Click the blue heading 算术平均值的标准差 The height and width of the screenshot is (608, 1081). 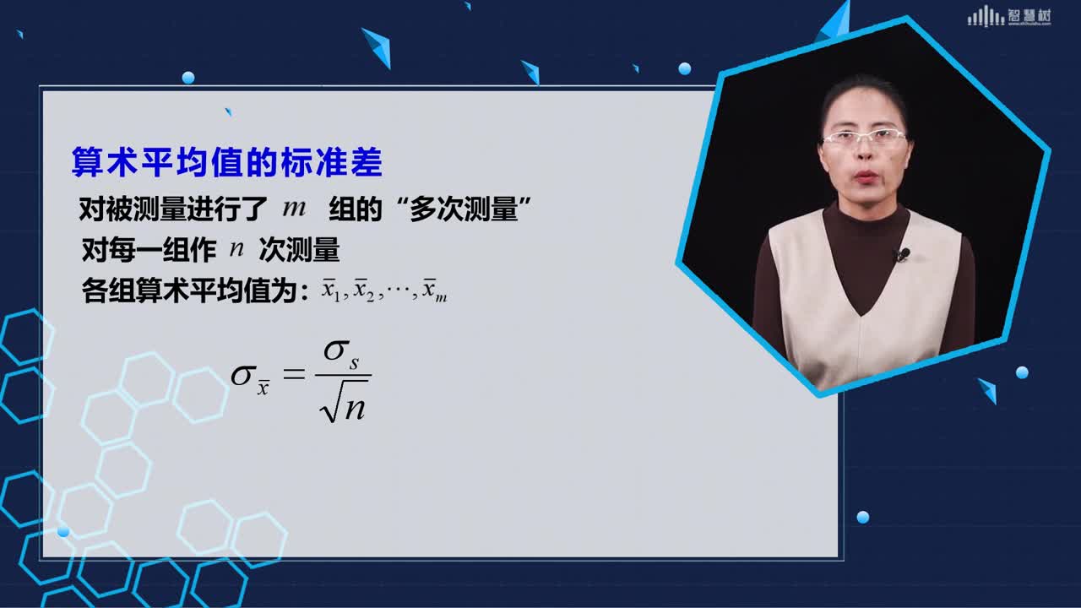[227, 161]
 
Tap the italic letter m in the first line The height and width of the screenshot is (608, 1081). [295, 208]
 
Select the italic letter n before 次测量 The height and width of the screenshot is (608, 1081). [236, 249]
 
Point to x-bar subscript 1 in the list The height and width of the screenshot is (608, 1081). [332, 290]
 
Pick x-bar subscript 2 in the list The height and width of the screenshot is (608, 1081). [364, 290]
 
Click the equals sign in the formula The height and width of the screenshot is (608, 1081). [294, 374]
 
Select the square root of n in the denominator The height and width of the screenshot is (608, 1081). [343, 401]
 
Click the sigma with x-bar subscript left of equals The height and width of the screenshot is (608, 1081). [250, 379]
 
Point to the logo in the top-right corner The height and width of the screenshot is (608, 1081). [1009, 16]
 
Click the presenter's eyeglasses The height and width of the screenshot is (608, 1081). [864, 138]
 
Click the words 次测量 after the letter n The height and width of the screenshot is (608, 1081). [299, 250]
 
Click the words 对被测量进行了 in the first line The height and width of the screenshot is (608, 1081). [173, 209]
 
